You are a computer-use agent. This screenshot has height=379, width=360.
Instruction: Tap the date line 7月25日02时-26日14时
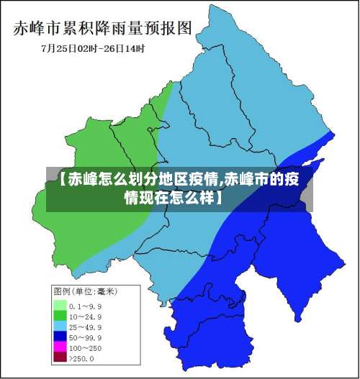click(x=93, y=49)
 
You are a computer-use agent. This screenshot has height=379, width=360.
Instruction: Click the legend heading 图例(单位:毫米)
click(x=85, y=292)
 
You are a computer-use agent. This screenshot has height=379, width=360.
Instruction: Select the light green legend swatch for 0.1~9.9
click(x=60, y=305)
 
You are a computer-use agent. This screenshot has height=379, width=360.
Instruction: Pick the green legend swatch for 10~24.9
click(x=60, y=316)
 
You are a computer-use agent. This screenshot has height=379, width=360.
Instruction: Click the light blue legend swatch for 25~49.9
click(x=60, y=327)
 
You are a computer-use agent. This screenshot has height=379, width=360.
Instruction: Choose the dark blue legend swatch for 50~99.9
click(x=60, y=337)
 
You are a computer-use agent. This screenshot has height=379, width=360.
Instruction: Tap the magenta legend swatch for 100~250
click(x=60, y=347)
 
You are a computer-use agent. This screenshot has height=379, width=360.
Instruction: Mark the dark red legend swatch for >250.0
click(x=60, y=357)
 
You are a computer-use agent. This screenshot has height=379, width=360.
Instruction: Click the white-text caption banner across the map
click(x=179, y=188)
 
